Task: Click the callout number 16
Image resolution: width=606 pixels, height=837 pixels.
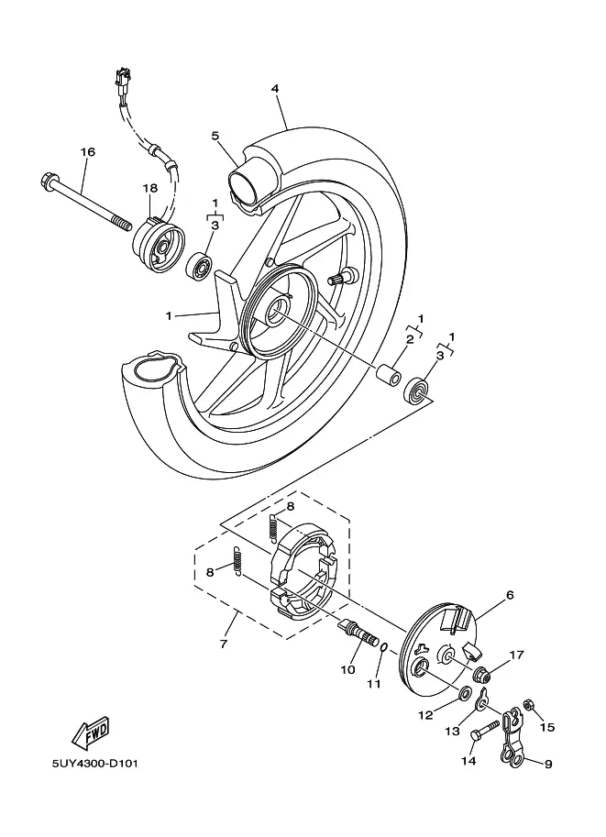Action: click(88, 152)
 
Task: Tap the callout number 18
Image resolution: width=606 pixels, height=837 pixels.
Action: click(149, 188)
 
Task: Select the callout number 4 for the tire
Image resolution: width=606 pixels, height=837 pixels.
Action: click(274, 89)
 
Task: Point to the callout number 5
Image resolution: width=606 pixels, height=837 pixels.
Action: click(215, 136)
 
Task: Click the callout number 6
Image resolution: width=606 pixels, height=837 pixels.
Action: click(510, 595)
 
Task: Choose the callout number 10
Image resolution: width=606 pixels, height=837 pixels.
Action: click(347, 670)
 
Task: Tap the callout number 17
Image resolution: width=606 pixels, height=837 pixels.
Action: click(517, 655)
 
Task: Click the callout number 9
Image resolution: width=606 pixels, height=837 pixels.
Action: click(548, 764)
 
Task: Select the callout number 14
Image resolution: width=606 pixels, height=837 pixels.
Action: click(468, 761)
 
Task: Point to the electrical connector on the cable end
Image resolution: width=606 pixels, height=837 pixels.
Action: click(119, 78)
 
